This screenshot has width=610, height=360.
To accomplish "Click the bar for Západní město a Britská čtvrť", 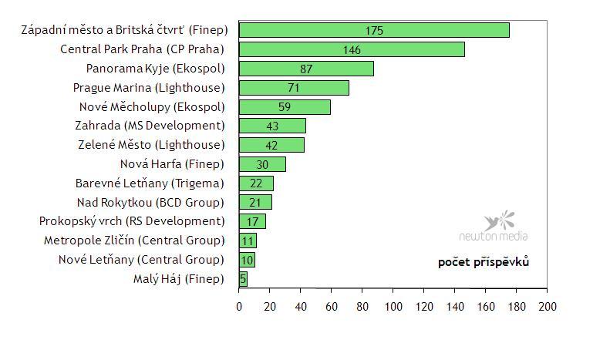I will [x=374, y=30].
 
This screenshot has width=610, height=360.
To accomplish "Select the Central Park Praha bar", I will [x=352, y=49].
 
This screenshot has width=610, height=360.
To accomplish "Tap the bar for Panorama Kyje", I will [x=306, y=69].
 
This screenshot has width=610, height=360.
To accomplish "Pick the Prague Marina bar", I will [x=294, y=88].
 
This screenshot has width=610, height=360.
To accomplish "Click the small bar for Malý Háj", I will [x=243, y=279].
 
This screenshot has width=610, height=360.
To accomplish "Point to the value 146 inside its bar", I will [x=352, y=50].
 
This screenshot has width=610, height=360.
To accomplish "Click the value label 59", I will [x=285, y=107].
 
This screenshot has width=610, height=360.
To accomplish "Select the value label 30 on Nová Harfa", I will [x=262, y=164].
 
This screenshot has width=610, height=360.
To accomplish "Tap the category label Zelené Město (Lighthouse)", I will [x=151, y=145].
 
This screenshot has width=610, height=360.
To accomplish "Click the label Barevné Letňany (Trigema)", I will [x=150, y=183].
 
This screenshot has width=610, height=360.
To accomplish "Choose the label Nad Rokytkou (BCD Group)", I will [x=150, y=203].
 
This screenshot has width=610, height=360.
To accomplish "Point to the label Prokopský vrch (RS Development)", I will [x=132, y=221].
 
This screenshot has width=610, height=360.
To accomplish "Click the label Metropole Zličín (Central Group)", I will [x=134, y=241].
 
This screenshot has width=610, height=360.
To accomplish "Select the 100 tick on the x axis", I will [x=393, y=307].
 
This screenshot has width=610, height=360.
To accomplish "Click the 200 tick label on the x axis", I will [x=547, y=307].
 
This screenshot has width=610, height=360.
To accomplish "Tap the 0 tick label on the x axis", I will [x=239, y=307].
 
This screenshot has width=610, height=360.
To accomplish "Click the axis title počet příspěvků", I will [x=483, y=262].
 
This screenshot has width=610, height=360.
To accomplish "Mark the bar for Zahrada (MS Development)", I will [x=272, y=126].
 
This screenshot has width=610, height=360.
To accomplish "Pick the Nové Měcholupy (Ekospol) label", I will [x=152, y=107].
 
